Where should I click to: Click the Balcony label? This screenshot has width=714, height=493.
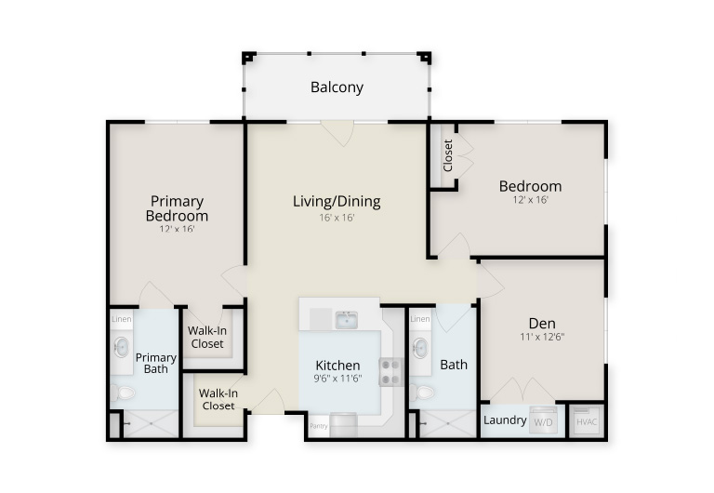click(337, 87)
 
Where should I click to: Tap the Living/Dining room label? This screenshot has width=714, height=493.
click(337, 202)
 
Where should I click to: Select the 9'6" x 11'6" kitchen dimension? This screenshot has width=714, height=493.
click(337, 379)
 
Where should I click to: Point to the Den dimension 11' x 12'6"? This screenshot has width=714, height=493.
click(542, 337)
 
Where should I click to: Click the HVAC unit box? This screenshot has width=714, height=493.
click(587, 421)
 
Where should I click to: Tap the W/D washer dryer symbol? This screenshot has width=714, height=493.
click(543, 421)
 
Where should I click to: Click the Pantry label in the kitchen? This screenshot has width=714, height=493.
click(318, 426)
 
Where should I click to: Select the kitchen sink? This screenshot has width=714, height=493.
click(347, 320)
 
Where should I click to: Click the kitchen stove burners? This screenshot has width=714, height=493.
click(390, 372)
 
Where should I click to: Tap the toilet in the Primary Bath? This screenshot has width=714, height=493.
click(123, 392)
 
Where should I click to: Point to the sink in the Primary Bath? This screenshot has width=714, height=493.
click(122, 348)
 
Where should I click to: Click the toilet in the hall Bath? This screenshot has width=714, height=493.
click(422, 392)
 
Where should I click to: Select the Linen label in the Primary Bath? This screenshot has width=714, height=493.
click(122, 319)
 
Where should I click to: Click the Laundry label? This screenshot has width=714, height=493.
click(505, 420)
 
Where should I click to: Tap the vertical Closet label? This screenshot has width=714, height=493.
click(448, 155)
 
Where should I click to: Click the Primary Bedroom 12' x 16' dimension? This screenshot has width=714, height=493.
click(178, 229)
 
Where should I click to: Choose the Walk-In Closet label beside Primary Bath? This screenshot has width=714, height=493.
click(207, 337)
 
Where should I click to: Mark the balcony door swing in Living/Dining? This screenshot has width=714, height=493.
click(337, 134)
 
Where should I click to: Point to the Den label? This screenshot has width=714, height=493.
click(542, 324)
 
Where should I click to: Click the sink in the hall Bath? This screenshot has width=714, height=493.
click(420, 349)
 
